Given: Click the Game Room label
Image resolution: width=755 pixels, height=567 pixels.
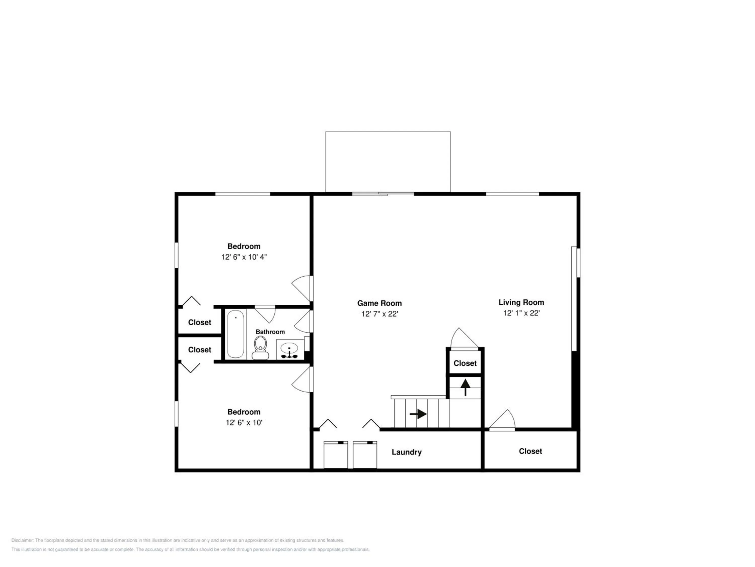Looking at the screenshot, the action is [379, 303].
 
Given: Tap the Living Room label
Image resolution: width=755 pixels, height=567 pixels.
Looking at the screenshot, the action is [521, 302].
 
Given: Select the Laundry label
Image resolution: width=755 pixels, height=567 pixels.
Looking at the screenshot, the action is [406, 452].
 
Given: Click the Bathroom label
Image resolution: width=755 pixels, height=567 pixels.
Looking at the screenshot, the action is [270, 332].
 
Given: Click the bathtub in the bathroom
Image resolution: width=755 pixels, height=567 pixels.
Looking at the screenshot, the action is [236, 334].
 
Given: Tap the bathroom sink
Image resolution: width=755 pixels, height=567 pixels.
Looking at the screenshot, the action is [289, 349].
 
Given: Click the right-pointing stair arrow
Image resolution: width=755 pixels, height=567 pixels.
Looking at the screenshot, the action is [418, 414].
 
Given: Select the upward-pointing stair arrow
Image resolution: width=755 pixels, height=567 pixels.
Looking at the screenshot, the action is [465, 387].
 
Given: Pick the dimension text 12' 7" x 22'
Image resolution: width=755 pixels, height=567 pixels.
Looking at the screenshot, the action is [380, 314].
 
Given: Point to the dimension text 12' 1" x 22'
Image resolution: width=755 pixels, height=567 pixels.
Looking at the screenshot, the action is [521, 313].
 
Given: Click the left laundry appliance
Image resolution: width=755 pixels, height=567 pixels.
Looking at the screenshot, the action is [335, 455].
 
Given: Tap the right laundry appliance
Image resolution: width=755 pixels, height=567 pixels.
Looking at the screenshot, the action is [365, 455].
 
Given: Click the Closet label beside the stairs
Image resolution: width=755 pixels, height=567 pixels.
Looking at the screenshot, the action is [465, 363].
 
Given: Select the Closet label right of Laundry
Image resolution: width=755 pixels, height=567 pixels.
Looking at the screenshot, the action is [531, 451].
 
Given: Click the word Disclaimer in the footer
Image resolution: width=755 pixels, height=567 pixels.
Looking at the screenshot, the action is [22, 540].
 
